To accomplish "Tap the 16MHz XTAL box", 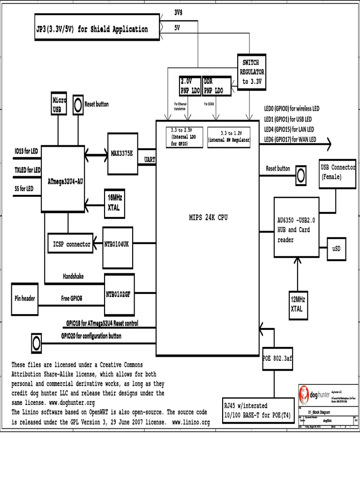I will coord(114,203).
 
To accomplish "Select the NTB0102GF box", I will coord(119,294).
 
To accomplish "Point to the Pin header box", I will coord(25,298).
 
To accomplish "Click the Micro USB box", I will coord(59,104).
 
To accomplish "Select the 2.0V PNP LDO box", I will coord(190,86).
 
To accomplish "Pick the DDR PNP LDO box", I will coord(217,86).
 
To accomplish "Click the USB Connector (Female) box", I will coord(337,172).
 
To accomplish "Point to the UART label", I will coord(150,160).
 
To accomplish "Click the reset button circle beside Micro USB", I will coord(78,103).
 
